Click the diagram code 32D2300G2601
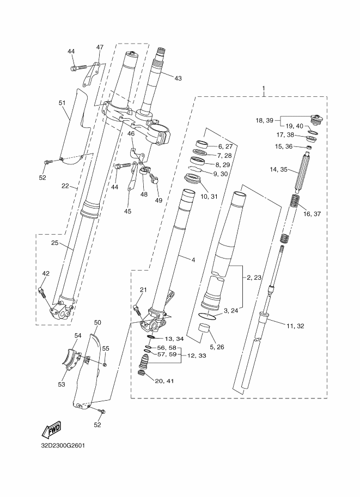(63, 445)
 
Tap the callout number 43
(178, 78)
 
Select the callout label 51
(62, 103)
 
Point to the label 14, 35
(278, 170)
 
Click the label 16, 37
(312, 214)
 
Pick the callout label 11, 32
(295, 326)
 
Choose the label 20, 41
(164, 381)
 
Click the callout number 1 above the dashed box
(263, 88)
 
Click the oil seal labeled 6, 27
(202, 144)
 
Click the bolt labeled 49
(155, 177)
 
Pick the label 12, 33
(197, 355)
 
